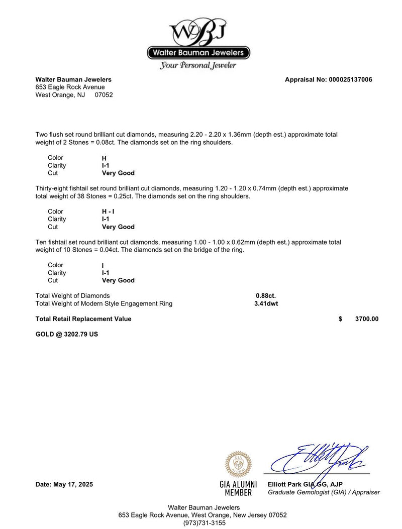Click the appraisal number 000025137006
pyautogui.click(x=350, y=79)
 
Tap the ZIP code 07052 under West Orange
pyautogui.click(x=104, y=94)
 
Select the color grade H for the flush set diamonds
pyautogui.click(x=104, y=158)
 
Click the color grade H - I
pyautogui.click(x=108, y=211)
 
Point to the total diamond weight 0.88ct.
pyautogui.click(x=266, y=295)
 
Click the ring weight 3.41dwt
pyautogui.click(x=266, y=303)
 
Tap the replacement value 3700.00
pyautogui.click(x=367, y=319)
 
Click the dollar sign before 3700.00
pyautogui.click(x=341, y=319)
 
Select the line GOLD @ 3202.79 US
pyautogui.click(x=67, y=334)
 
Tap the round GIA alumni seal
pyautogui.click(x=238, y=464)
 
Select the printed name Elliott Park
pyautogui.click(x=285, y=484)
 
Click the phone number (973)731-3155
pyautogui.click(x=204, y=522)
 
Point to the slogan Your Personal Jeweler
pyautogui.click(x=198, y=66)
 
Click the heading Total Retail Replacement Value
pyautogui.click(x=83, y=319)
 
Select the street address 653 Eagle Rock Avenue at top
pyautogui.click(x=70, y=87)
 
